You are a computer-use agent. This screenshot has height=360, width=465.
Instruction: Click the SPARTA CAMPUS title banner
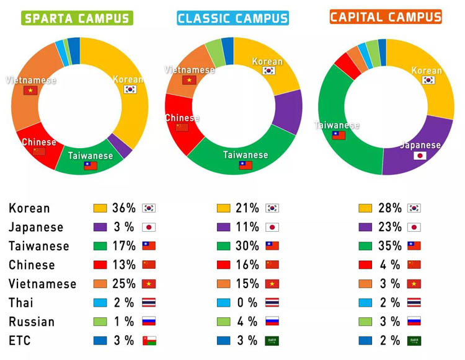click(x=77, y=18)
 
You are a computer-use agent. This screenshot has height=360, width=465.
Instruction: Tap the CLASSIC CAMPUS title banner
click(x=232, y=18)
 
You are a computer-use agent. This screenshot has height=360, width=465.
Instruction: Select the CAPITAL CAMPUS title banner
click(x=385, y=17)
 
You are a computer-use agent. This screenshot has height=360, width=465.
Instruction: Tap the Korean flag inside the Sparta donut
click(x=130, y=89)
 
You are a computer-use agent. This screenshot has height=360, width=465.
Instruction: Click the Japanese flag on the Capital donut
click(x=420, y=156)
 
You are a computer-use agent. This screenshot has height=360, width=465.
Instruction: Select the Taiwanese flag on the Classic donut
click(x=246, y=165)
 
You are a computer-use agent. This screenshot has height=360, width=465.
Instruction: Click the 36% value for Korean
click(x=123, y=208)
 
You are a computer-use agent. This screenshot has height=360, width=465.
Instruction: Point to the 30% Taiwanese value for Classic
click(x=247, y=246)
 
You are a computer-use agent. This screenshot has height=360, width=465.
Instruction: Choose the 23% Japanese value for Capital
click(x=390, y=227)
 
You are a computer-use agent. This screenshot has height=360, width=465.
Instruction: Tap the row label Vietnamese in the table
click(x=42, y=284)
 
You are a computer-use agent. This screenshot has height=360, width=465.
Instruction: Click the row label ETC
click(x=20, y=340)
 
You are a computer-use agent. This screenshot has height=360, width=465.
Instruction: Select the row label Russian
click(x=32, y=322)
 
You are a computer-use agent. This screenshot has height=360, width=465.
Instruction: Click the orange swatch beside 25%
click(x=100, y=284)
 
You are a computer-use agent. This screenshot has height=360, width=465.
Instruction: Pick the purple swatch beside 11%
click(x=224, y=227)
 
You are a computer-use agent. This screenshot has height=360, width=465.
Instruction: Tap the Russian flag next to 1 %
click(x=149, y=322)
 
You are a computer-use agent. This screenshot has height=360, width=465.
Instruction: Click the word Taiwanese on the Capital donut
click(x=337, y=125)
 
